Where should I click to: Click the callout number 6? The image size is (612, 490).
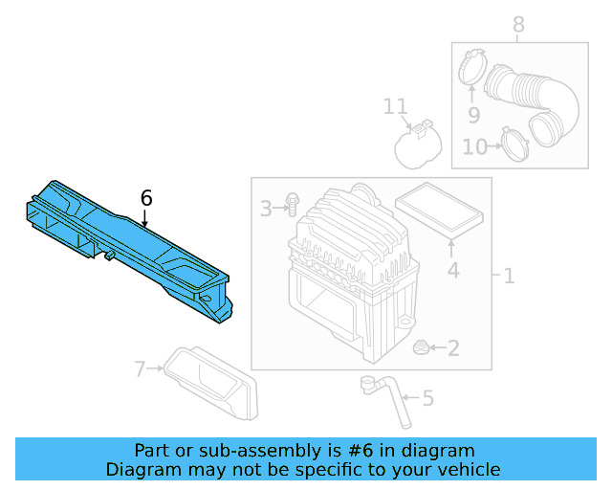coord(146,198)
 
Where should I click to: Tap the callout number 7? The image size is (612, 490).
coord(140,368)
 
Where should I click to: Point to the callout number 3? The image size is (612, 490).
coord(266,207)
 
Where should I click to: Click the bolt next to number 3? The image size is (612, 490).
coord(292,206)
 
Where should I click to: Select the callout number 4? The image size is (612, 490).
coord(453,271)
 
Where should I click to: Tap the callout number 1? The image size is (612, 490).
coord(509,277)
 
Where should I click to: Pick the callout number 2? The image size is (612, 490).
coord(453,348)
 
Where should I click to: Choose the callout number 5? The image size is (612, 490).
coord(426,396)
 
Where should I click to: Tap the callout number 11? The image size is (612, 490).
coord(396,106)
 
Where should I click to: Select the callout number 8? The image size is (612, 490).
coord(518,24)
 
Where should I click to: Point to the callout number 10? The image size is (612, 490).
coord(473,146)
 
